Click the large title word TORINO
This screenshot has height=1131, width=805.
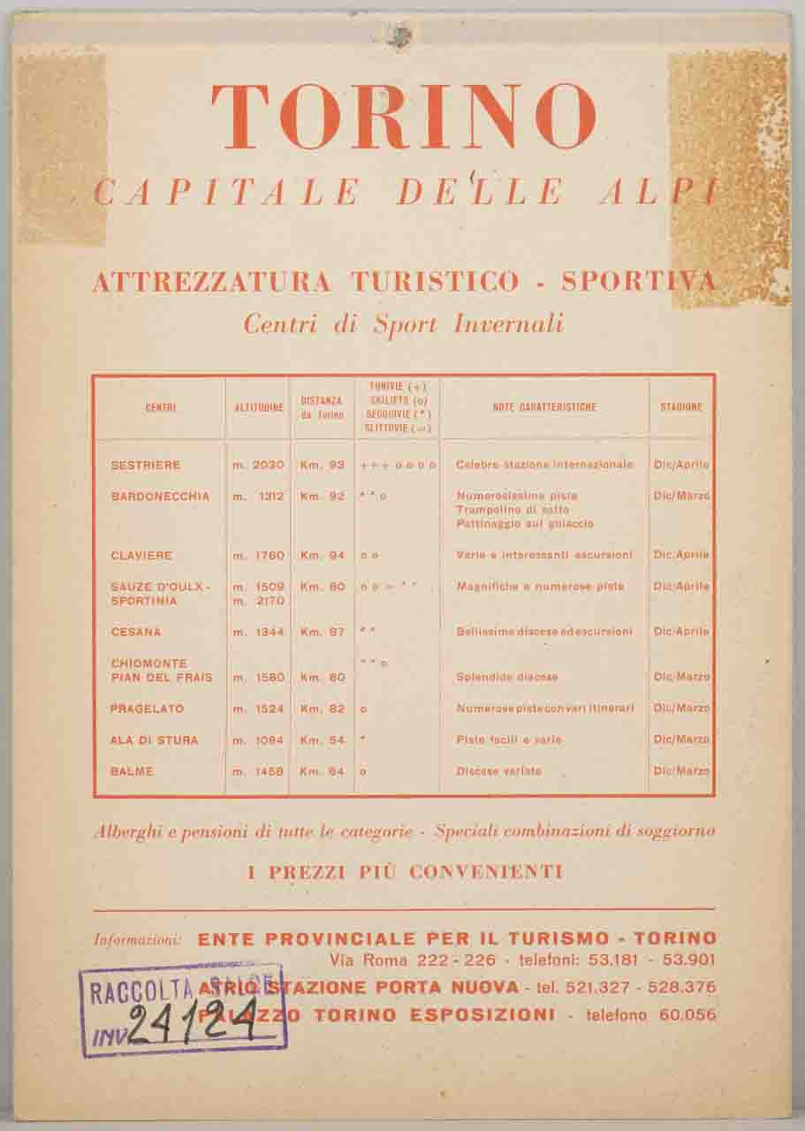(x=403, y=118)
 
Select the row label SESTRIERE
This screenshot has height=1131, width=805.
(x=146, y=465)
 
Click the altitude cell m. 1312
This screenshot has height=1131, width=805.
(x=258, y=497)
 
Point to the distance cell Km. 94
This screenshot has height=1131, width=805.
(x=322, y=556)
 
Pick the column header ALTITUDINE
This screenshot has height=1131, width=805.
(x=259, y=408)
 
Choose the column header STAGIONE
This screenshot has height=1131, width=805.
(x=681, y=407)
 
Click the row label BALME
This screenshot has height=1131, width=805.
(x=132, y=771)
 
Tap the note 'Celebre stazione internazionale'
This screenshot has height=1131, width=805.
(x=544, y=465)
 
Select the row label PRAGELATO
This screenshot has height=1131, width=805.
(x=147, y=709)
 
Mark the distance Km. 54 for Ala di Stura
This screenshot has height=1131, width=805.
(x=322, y=740)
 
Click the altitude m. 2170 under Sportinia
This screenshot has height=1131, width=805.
(x=258, y=601)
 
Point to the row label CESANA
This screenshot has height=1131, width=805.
(x=136, y=632)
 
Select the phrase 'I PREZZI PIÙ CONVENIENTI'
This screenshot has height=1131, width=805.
(x=405, y=872)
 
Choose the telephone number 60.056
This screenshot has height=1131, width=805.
(x=687, y=1015)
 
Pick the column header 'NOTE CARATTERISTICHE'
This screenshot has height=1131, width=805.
(x=544, y=407)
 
